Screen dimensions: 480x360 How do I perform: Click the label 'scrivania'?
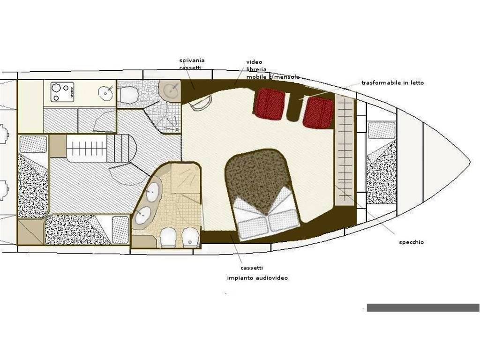(x=192, y=60)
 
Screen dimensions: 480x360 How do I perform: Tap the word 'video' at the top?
(x=255, y=62)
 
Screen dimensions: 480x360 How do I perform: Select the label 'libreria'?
(x=256, y=69)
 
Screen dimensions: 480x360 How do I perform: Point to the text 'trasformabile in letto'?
(x=392, y=82)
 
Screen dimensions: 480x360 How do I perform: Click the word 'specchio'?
(x=412, y=242)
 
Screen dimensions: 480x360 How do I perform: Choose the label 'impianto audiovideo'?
(x=257, y=278)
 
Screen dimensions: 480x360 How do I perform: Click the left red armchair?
(x=270, y=104)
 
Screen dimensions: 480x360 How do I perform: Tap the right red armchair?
(x=318, y=112)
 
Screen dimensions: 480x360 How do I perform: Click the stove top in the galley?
(x=62, y=92)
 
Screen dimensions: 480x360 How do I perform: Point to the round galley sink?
(x=106, y=91)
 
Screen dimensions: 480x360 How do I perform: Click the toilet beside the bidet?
(x=168, y=237)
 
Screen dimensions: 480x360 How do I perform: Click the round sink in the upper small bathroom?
(x=172, y=90)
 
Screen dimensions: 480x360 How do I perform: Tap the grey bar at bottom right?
(x=423, y=307)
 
